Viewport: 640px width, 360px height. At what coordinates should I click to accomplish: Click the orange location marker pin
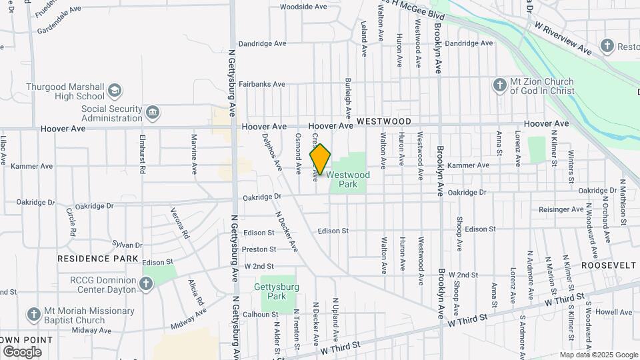click(321, 159)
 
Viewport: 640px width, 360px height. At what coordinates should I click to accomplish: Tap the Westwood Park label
click(347, 179)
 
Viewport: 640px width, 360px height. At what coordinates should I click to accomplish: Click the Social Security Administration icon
click(153, 111)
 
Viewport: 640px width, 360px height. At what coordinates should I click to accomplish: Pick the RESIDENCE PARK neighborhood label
click(97, 259)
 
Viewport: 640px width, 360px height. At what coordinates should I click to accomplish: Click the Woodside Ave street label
click(303, 7)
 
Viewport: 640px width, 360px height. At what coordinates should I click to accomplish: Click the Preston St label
click(259, 249)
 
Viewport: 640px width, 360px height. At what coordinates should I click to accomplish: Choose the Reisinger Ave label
click(561, 209)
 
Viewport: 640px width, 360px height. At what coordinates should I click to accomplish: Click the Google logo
click(22, 352)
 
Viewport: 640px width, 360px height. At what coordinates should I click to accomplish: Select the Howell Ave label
click(614, 311)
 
